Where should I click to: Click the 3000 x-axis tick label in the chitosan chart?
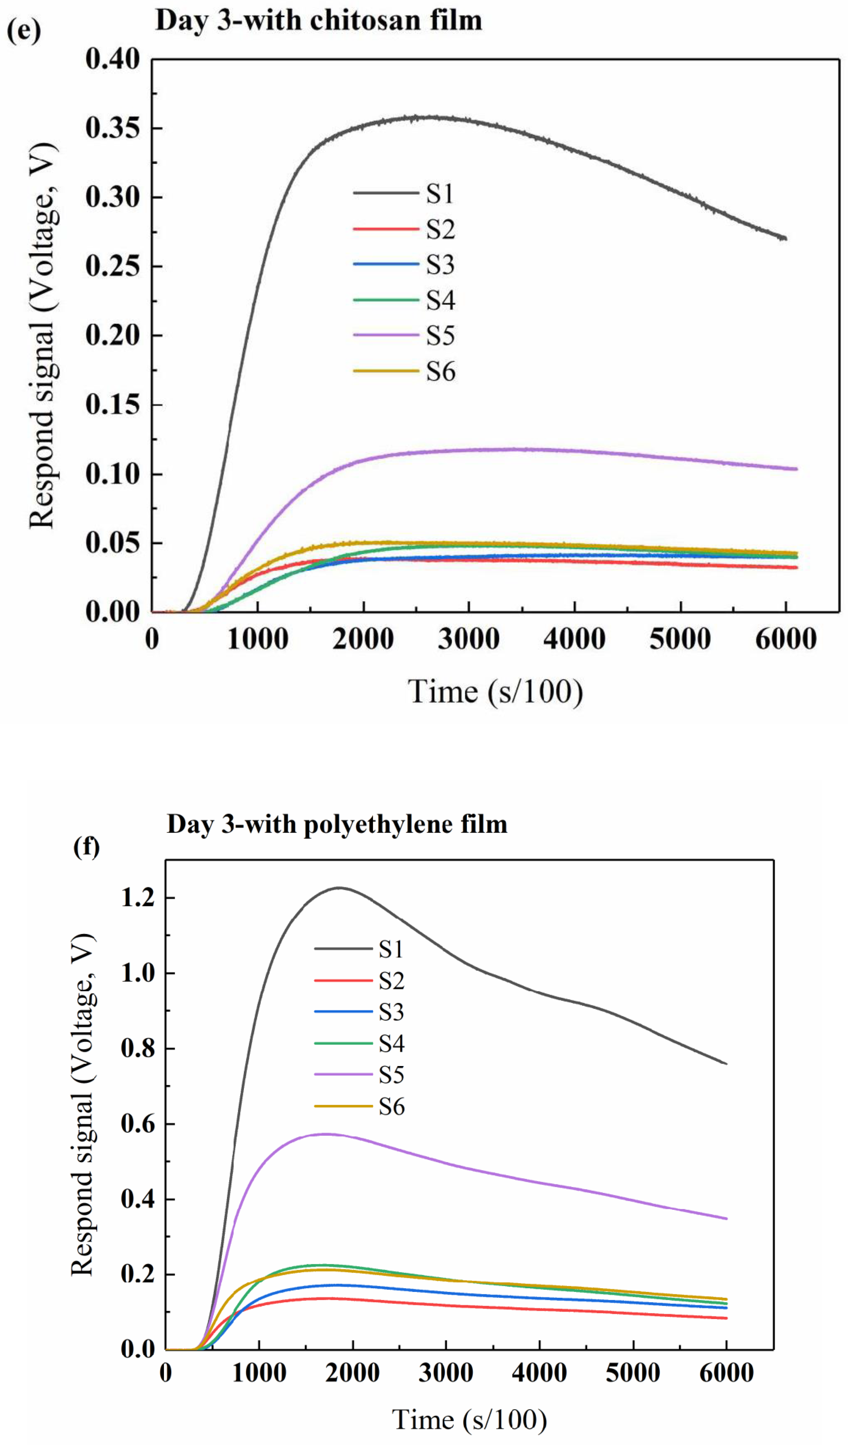pos(469,639)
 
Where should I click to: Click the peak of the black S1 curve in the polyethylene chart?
pos(340,888)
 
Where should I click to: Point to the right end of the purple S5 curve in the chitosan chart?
pos(796,469)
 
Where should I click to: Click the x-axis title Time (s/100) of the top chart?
pos(495,691)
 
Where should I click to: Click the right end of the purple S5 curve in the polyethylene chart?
pos(726,1218)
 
